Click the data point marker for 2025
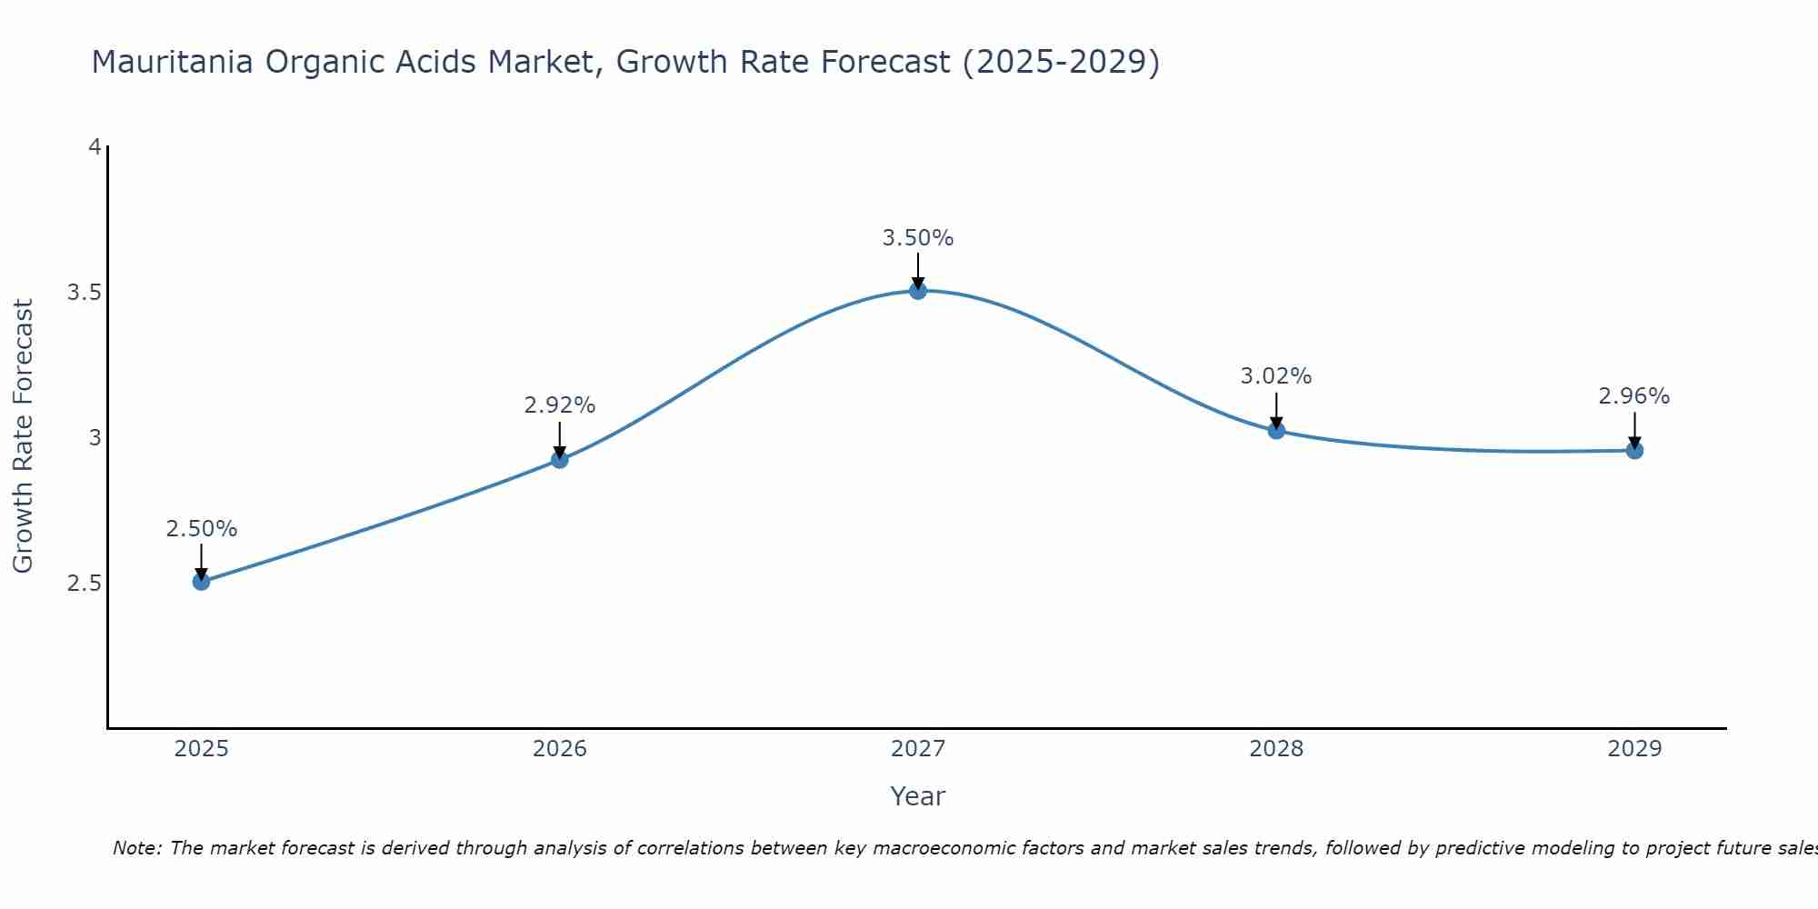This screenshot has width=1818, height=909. click(x=202, y=582)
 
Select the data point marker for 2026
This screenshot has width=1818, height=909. click(x=560, y=460)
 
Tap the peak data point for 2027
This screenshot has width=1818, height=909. click(x=918, y=291)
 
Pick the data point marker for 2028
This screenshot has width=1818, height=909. click(x=1276, y=431)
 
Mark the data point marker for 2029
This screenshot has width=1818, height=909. click(x=1634, y=450)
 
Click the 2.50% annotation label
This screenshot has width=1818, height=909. click(x=202, y=529)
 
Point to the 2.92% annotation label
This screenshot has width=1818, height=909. click(x=560, y=405)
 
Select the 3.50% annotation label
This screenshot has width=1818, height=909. click(x=918, y=238)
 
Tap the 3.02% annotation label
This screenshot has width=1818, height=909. click(x=1276, y=376)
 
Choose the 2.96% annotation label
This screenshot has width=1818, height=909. click(x=1634, y=396)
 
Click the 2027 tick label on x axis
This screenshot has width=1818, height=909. click(x=918, y=749)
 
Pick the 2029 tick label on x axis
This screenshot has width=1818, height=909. click(x=1634, y=749)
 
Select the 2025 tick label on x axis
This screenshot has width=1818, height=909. click(x=202, y=749)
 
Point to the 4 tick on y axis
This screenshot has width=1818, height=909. click(x=95, y=146)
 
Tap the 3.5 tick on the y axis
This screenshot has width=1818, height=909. click(x=84, y=293)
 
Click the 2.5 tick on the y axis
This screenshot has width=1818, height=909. click(x=84, y=584)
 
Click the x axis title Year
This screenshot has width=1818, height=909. click(x=918, y=796)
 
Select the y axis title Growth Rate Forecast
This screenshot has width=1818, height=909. click(x=23, y=436)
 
